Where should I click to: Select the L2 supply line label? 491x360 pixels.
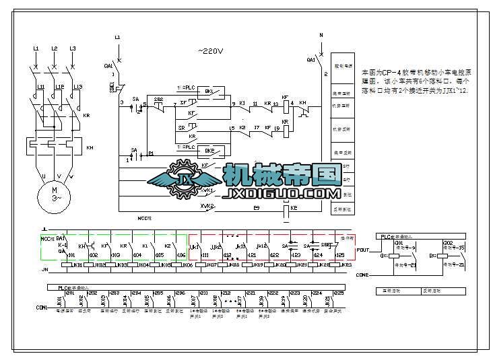tap(55, 48)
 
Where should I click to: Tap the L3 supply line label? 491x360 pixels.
tap(72, 48)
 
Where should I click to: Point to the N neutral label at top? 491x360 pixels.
tap(321, 34)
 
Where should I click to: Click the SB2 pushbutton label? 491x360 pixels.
tap(158, 99)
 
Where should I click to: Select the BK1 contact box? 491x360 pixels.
tap(209, 91)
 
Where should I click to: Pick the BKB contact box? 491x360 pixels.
tap(209, 151)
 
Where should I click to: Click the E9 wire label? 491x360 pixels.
tap(256, 209)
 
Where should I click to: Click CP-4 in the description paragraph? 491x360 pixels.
tap(391, 71)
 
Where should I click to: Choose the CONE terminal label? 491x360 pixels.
tap(362, 275)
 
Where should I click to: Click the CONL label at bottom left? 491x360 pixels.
tap(41, 308)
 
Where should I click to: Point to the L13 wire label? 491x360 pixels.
tap(77, 87)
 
